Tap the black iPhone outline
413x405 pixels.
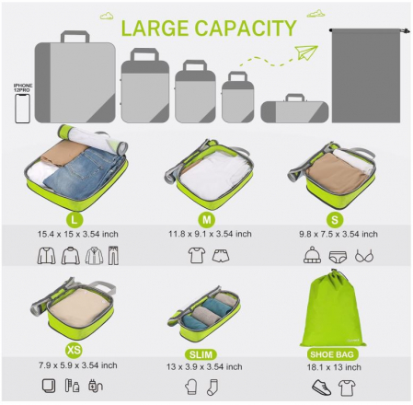click(x=22, y=109)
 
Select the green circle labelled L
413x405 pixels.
click(x=75, y=219)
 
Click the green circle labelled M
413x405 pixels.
click(x=207, y=219)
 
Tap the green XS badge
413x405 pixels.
click(x=75, y=350)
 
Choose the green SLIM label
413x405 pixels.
click(x=207, y=353)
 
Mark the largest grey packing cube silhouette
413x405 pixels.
click(x=75, y=81)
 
